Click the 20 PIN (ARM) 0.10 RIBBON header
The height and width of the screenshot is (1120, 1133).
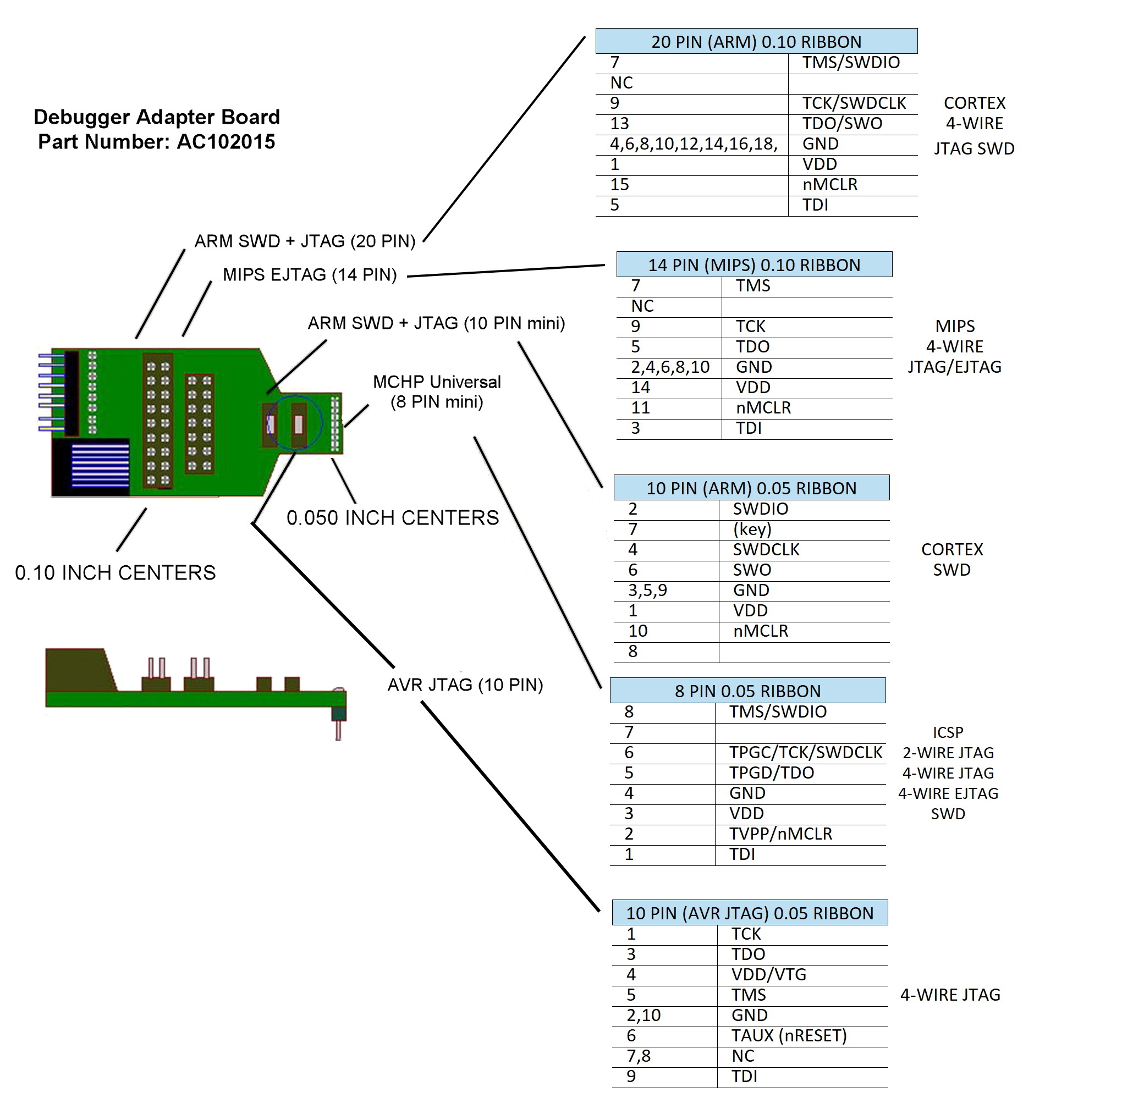pyautogui.click(x=756, y=42)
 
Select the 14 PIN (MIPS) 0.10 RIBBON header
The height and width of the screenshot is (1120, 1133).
pyautogui.click(x=754, y=265)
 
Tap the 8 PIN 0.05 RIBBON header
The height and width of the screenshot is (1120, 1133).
pyautogui.click(x=747, y=691)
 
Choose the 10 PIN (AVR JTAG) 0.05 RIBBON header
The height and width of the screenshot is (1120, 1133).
pyautogui.click(x=750, y=913)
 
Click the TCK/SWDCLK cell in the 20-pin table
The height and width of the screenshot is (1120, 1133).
pyautogui.click(x=854, y=103)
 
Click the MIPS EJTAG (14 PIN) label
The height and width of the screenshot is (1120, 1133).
pyautogui.click(x=310, y=274)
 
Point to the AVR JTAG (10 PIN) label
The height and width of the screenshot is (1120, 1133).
pyautogui.click(x=465, y=685)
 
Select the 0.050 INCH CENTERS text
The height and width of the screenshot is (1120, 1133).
pyautogui.click(x=392, y=518)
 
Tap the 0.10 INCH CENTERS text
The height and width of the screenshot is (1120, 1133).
pyautogui.click(x=116, y=573)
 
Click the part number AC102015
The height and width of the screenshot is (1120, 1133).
pyautogui.click(x=226, y=142)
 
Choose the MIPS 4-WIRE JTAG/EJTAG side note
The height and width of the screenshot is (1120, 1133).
pyautogui.click(x=955, y=346)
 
